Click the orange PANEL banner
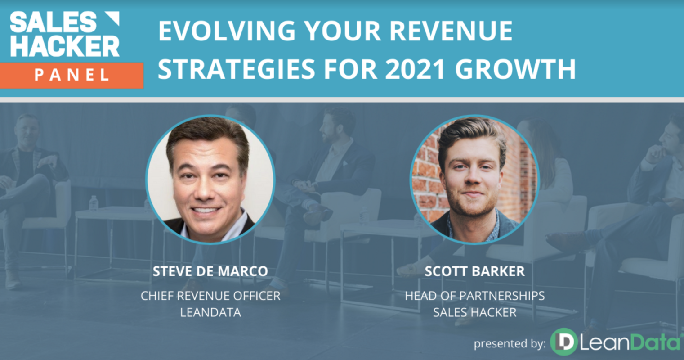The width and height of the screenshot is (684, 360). click(x=72, y=75)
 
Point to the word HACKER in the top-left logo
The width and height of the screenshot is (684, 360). click(x=65, y=46)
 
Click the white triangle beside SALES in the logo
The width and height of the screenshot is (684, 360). click(x=112, y=19)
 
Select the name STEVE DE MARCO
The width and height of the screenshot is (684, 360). click(x=210, y=271)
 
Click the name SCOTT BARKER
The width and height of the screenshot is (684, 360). click(x=474, y=271)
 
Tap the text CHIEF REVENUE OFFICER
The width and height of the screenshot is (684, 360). click(x=210, y=296)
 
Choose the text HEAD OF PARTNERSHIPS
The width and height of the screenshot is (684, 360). click(x=474, y=296)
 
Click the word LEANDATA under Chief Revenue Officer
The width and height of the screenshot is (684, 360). click(x=210, y=312)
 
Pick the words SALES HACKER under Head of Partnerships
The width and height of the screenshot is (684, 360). click(x=474, y=312)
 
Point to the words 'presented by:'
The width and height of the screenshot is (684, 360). click(x=510, y=344)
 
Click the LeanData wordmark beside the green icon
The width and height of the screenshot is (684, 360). click(x=630, y=343)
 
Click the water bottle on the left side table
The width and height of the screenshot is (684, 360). click(x=94, y=203)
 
